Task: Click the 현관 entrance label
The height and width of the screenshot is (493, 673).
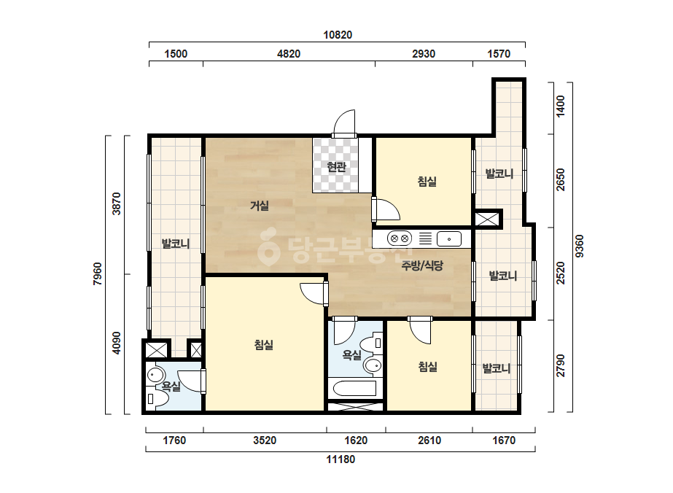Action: pos(336,166)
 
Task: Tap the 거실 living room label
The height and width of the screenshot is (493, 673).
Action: pos(260,206)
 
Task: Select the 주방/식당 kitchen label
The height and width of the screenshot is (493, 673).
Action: pos(422,265)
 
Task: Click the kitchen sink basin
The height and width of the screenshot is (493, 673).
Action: pos(449,238)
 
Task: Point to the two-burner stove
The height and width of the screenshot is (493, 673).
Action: pos(399,238)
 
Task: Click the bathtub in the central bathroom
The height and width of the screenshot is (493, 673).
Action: pos(355,389)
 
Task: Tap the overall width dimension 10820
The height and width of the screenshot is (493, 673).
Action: pos(338,35)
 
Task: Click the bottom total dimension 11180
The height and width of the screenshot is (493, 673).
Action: pos(341,459)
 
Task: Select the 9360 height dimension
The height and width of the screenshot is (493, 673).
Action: pos(580,246)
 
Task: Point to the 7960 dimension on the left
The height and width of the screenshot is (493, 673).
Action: pos(98,273)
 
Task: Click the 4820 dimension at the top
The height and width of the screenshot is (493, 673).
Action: pos(289,54)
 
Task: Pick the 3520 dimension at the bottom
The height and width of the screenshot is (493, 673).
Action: pos(265,440)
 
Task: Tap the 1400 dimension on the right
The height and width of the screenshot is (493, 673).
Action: pos(561,106)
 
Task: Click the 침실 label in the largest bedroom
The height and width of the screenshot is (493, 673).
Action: pos(264,345)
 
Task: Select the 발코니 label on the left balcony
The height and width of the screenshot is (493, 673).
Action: pos(176,244)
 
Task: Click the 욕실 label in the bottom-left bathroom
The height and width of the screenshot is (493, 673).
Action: pos(171,387)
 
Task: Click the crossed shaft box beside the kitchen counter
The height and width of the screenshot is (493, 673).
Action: pos(487,220)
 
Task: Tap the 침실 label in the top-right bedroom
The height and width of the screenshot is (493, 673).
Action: pos(427,181)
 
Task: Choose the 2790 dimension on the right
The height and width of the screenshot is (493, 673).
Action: pos(561,366)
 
